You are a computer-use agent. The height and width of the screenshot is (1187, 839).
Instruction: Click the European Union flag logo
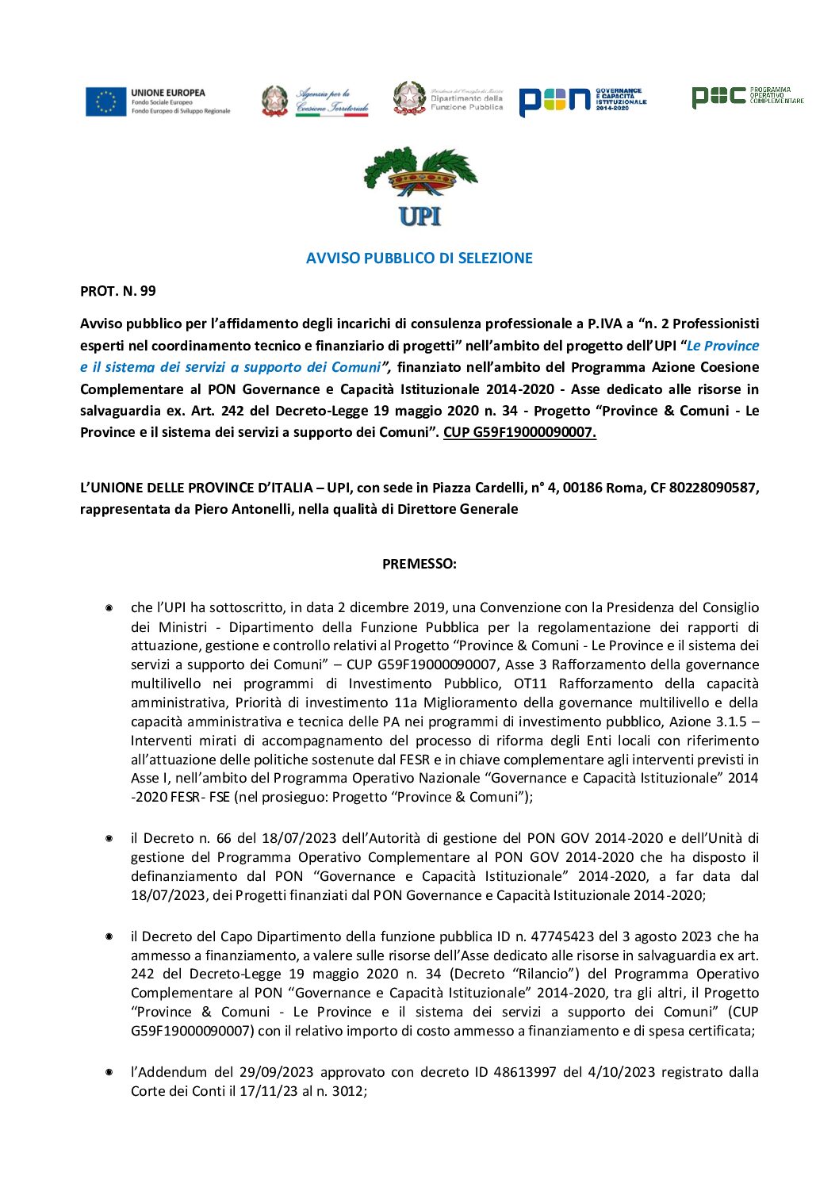[x=106, y=101]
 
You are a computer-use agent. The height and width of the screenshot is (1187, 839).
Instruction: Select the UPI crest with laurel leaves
[x=420, y=186]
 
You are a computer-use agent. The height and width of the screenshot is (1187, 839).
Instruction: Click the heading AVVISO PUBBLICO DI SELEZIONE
[x=419, y=258]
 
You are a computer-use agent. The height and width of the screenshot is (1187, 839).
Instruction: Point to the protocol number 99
[x=147, y=291]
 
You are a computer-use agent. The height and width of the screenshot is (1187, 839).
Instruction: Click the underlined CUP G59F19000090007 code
[x=519, y=432]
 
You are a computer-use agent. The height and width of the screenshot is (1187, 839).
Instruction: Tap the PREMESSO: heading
[x=419, y=564]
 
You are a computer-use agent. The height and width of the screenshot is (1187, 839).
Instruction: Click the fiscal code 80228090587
[x=713, y=488]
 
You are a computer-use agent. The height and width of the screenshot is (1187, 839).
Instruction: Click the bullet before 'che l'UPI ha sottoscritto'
[x=109, y=608]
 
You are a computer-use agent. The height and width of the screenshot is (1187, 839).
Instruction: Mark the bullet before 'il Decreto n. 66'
[x=109, y=838]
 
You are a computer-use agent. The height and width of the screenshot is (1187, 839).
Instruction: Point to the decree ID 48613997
[x=526, y=1072]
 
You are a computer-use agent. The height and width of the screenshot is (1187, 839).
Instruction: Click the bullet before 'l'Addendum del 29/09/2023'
[x=109, y=1072]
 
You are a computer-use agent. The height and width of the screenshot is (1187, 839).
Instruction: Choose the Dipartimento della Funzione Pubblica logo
[x=449, y=99]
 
